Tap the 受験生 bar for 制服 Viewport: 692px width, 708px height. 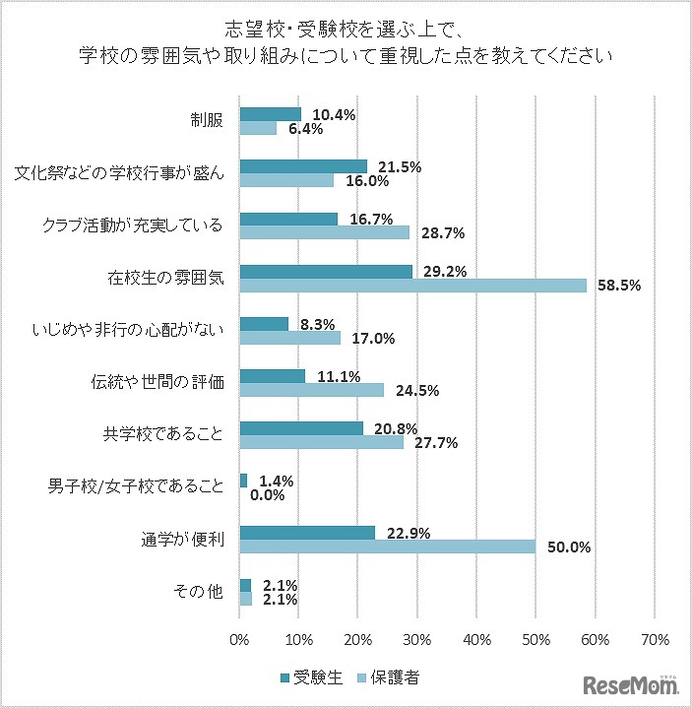271,113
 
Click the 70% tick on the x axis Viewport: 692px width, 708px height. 655,639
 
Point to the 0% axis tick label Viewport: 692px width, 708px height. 240,639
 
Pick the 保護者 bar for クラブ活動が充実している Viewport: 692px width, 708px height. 325,232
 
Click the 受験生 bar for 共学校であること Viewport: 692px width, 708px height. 301,427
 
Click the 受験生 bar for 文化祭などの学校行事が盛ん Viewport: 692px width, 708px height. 303,166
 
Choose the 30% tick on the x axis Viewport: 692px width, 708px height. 418,639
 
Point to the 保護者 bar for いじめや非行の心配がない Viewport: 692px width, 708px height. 290,338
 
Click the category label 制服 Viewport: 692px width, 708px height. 207,120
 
